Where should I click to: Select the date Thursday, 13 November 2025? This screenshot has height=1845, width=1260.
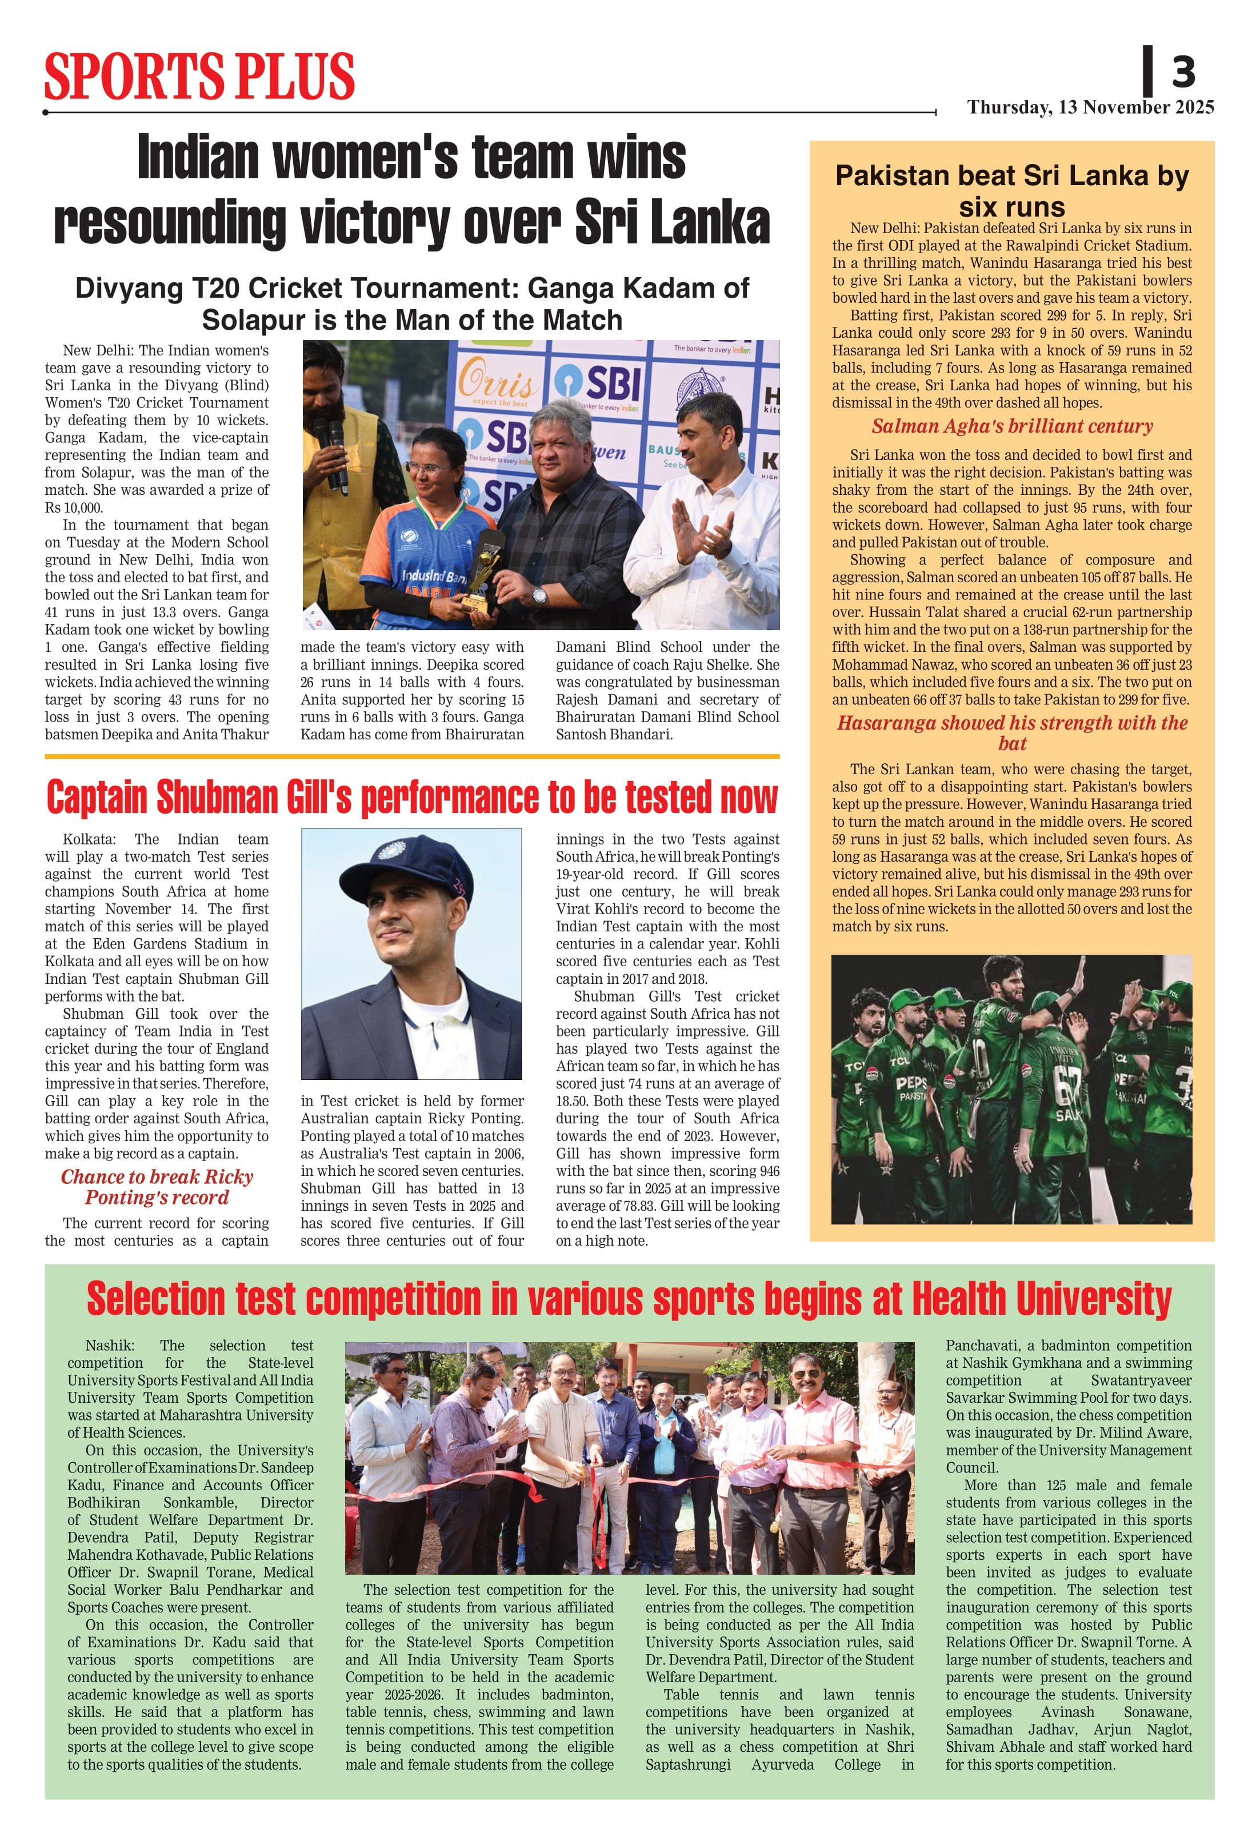(1090, 107)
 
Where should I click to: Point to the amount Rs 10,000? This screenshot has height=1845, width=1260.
(74, 507)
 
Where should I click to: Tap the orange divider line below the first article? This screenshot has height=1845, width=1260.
(412, 757)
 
